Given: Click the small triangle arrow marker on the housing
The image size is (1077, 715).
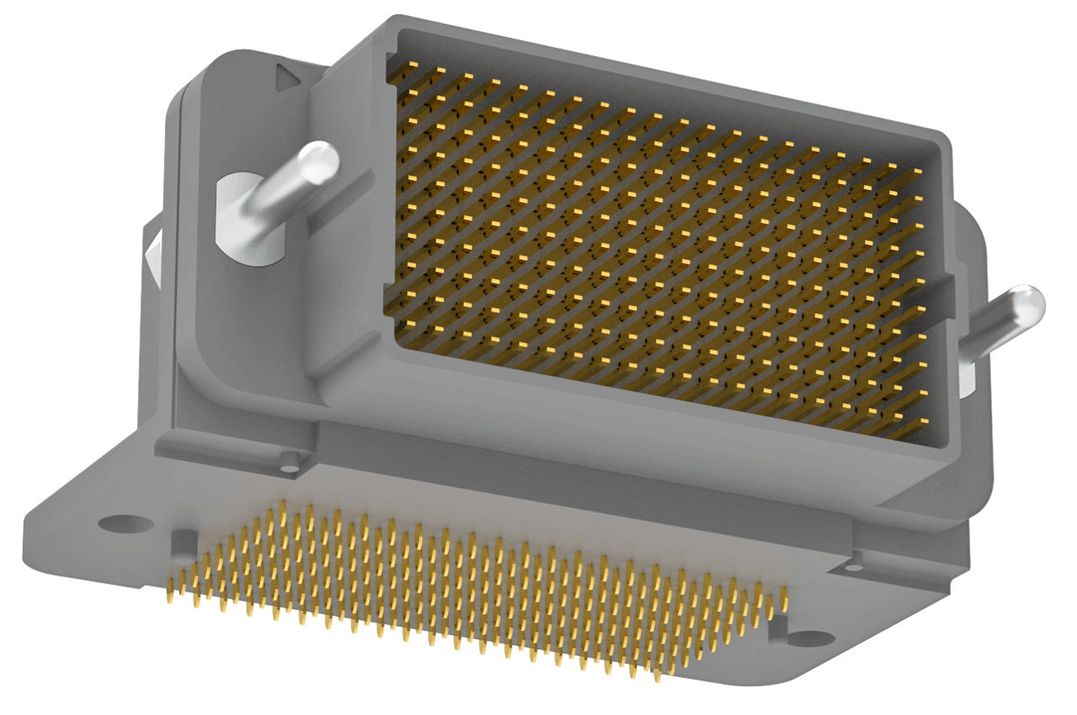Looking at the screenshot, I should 288,79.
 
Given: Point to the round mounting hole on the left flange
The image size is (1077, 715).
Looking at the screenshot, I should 125,524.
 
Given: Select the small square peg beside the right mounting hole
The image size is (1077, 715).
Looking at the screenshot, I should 778,624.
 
